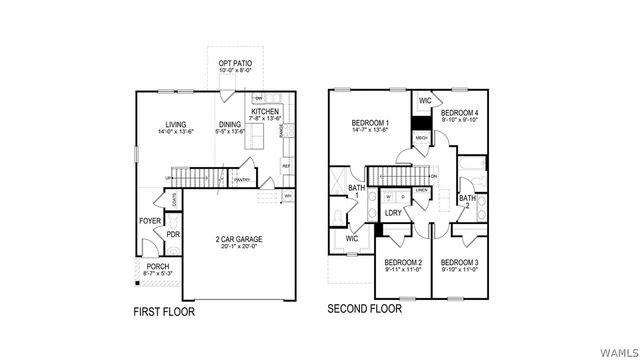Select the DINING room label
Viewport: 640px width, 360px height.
point(231,124)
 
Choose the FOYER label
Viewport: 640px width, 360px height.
point(150,221)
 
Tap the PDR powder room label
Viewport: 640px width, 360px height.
point(172,235)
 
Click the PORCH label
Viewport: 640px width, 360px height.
point(158,267)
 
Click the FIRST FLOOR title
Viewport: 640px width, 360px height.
point(165,312)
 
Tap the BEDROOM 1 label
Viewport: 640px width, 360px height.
point(367,122)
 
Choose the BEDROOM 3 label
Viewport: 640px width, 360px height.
point(460,262)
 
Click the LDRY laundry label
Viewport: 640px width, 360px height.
point(393,213)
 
